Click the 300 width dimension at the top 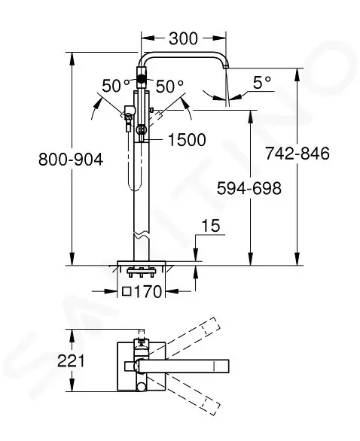tap(183, 38)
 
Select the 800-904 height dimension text tap(71, 160)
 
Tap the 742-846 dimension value tap(297, 154)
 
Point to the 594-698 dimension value tap(249, 188)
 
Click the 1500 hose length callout tap(187, 140)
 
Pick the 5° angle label tap(262, 83)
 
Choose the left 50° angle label tap(116, 86)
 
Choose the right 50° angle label tap(169, 86)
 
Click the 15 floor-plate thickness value tap(211, 226)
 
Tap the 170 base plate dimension tap(148, 292)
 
